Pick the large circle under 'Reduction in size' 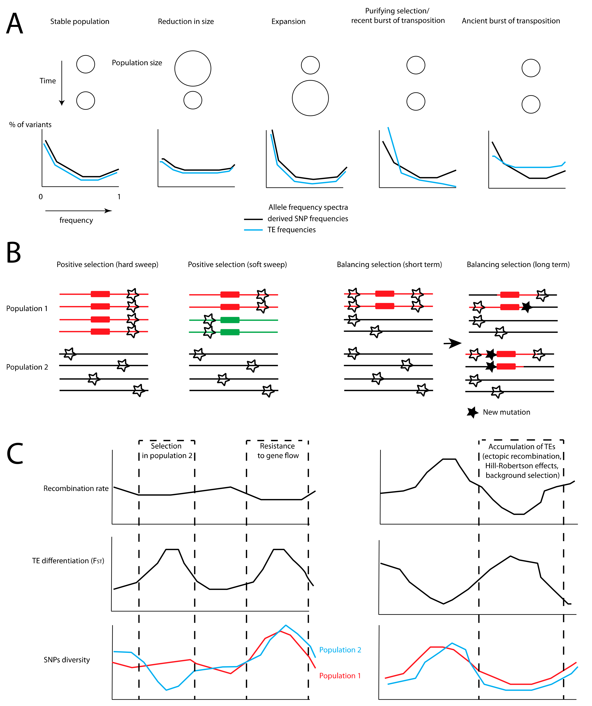point(193,69)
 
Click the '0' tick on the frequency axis point(41,197)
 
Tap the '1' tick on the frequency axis point(119,197)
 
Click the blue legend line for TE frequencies point(253,230)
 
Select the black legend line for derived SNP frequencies point(253,219)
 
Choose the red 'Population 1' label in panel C point(340,676)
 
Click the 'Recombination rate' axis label point(76,488)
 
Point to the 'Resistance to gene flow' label point(278,451)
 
